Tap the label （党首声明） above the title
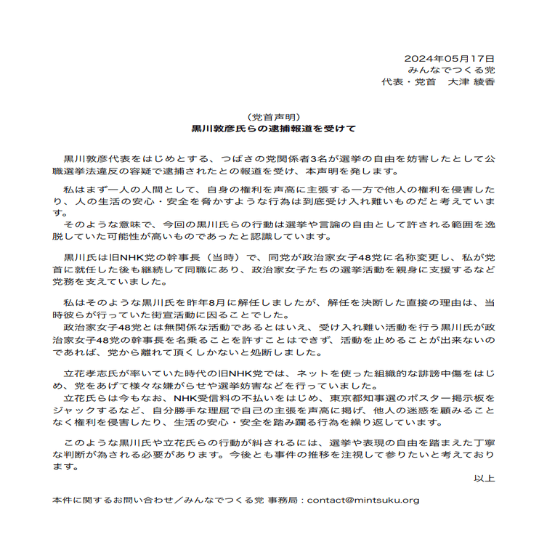coord(273,117)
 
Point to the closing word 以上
coord(484,479)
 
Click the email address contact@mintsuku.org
coord(363,501)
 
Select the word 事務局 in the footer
coord(284,501)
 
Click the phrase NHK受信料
coord(201,399)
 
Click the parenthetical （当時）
coord(217,257)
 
